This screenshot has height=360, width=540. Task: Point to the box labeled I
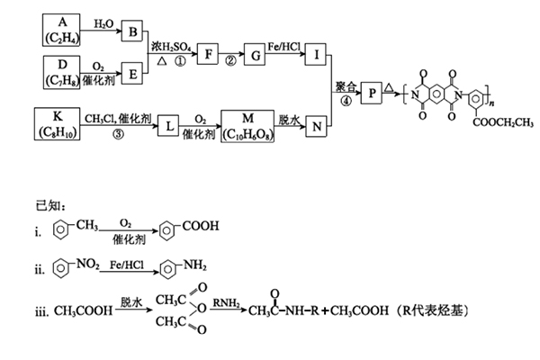click(318, 53)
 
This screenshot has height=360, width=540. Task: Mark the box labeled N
click(318, 126)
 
